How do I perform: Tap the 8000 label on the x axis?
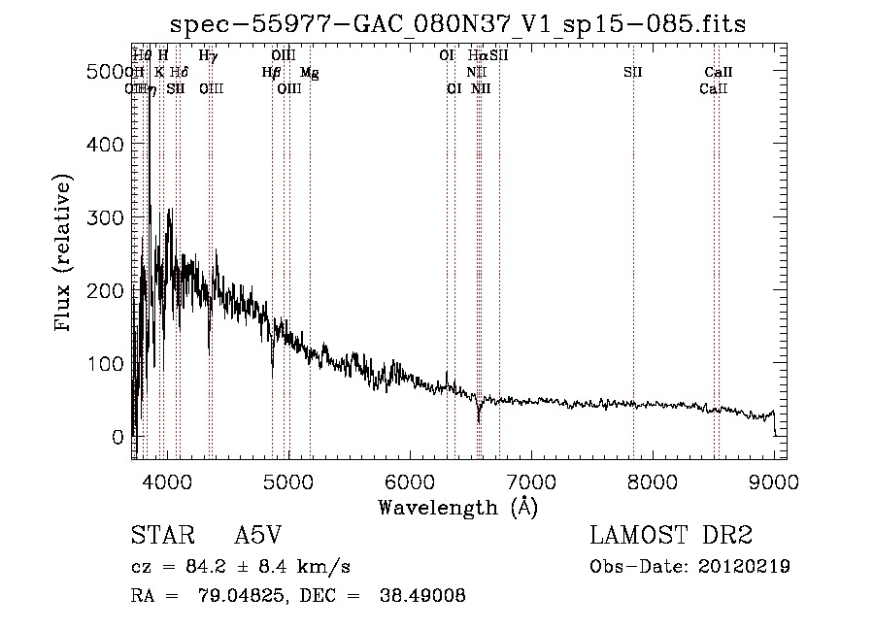(653, 480)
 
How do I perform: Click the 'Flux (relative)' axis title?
(65, 255)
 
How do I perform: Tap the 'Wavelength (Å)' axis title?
(457, 506)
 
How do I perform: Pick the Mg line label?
(309, 73)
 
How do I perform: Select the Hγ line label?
(208, 56)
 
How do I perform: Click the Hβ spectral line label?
(272, 73)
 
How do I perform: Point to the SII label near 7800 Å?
(633, 73)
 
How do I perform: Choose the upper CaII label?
(719, 73)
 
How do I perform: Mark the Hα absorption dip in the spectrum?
(479, 415)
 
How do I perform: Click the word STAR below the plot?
(159, 536)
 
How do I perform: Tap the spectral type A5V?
(258, 536)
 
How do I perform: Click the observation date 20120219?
(746, 567)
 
